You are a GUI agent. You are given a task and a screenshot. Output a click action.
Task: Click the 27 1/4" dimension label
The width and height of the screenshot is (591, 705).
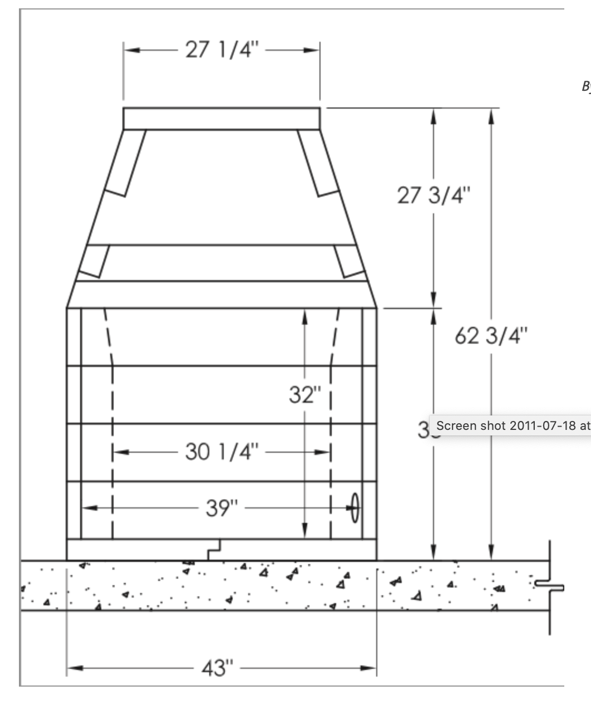[221, 50]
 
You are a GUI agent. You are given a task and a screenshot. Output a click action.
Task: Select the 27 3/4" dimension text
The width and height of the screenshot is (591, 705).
[434, 195]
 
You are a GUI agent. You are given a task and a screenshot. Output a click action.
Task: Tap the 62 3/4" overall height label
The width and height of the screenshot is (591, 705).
[491, 336]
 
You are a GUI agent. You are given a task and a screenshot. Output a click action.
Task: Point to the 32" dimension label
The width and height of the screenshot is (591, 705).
[304, 395]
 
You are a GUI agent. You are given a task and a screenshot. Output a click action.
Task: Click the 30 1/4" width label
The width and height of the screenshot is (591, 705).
[221, 452]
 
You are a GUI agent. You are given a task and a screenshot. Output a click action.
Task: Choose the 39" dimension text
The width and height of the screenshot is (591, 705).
[221, 508]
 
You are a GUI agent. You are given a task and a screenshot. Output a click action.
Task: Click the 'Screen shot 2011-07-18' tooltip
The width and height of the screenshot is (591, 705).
[512, 426]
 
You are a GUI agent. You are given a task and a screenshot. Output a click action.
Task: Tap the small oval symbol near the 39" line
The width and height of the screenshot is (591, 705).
[354, 508]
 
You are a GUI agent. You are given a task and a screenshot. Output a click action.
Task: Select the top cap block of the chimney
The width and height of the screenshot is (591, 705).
[221, 119]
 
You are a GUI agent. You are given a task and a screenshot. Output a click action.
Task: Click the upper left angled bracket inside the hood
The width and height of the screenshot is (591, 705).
[126, 163]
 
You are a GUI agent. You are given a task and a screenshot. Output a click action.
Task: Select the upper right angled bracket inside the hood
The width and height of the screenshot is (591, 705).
[318, 163]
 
